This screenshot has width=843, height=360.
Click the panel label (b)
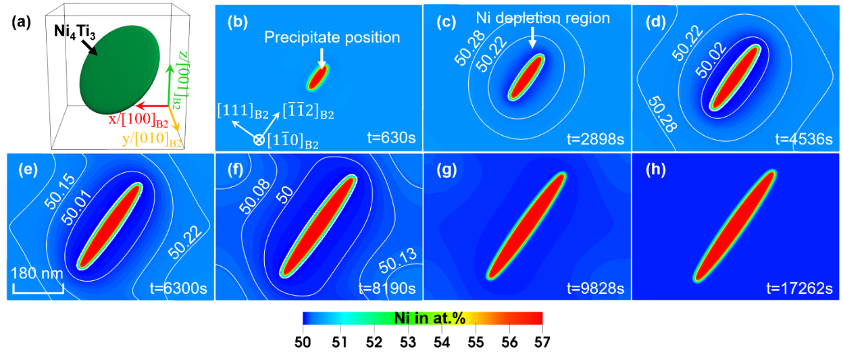[237, 22]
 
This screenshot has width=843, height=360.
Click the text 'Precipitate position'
[332, 38]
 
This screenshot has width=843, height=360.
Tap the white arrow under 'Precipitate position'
[322, 57]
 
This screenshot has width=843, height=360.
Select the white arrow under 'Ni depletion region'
[532, 37]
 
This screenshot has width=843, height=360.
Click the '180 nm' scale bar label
[36, 275]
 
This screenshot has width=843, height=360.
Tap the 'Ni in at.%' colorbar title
[430, 319]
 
